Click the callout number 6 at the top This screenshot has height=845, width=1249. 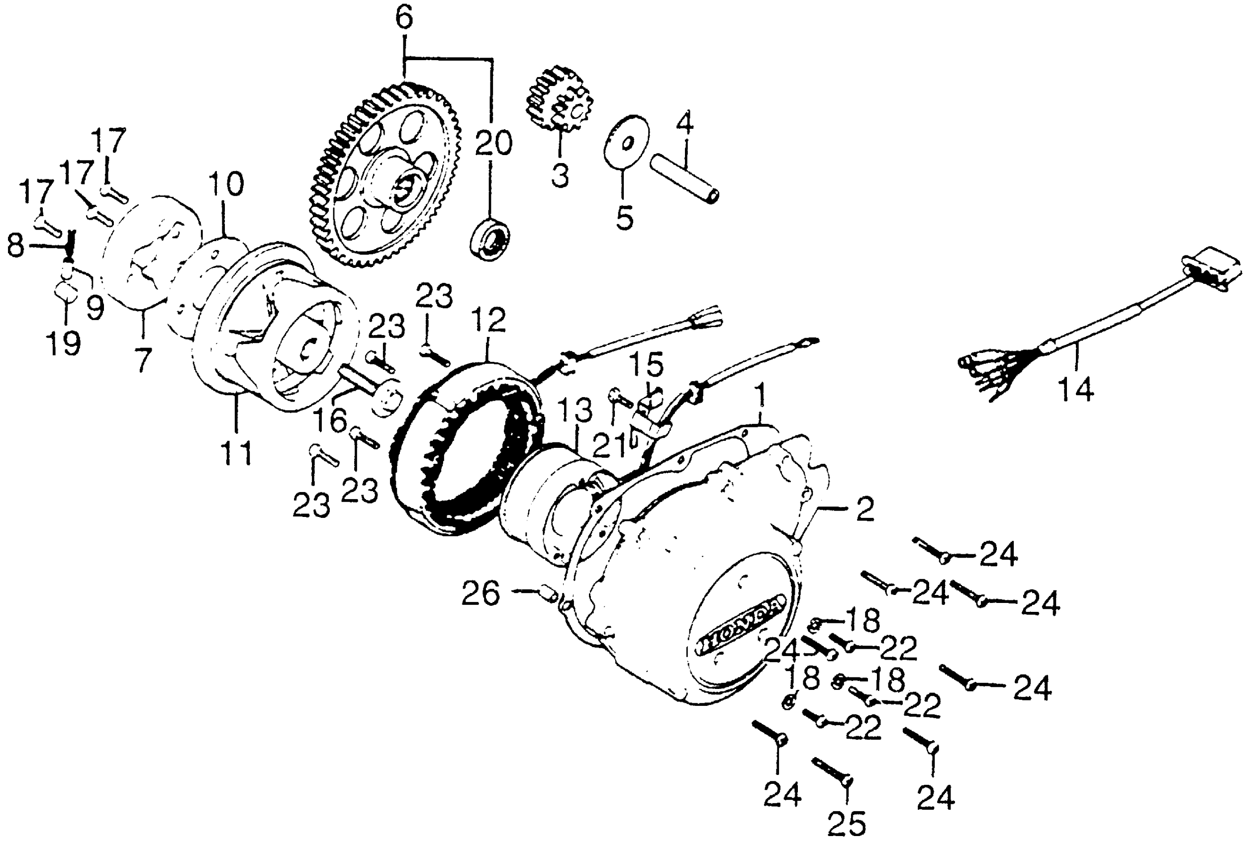pos(404,19)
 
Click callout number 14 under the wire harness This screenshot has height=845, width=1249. pos(1076,388)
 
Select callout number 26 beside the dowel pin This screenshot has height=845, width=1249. pos(480,593)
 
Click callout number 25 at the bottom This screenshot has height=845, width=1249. pos(847,824)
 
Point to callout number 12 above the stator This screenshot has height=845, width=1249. pos(489,320)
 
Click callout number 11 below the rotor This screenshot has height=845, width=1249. pos(237,453)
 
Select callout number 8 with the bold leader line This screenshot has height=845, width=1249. pos(15,247)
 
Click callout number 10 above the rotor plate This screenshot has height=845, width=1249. pos(226,184)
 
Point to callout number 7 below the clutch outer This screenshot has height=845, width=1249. pos(142,359)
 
